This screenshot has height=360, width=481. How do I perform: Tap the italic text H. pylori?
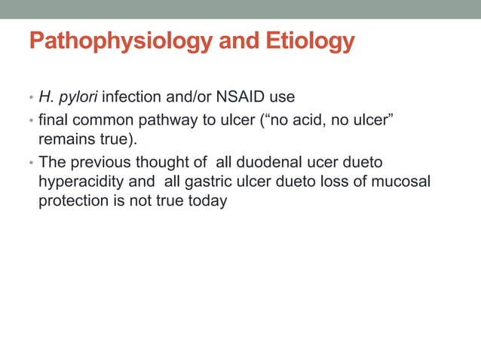69,97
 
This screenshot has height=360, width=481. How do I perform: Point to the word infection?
132,97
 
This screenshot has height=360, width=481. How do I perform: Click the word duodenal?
267,161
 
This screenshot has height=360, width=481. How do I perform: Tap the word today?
209,202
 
